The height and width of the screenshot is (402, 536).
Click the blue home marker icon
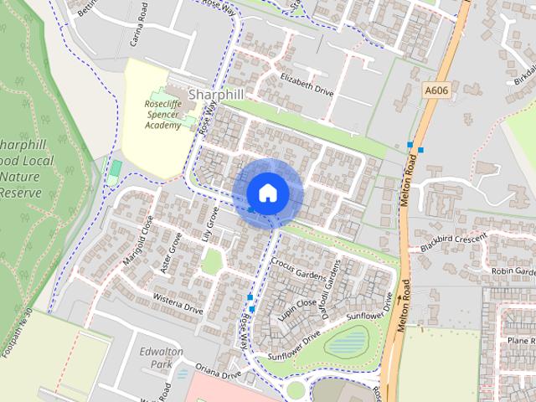click(x=267, y=193)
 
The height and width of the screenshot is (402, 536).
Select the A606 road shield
click(x=436, y=91)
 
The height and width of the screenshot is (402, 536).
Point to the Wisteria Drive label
click(x=178, y=303)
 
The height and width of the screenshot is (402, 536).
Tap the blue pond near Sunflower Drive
click(x=350, y=341)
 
